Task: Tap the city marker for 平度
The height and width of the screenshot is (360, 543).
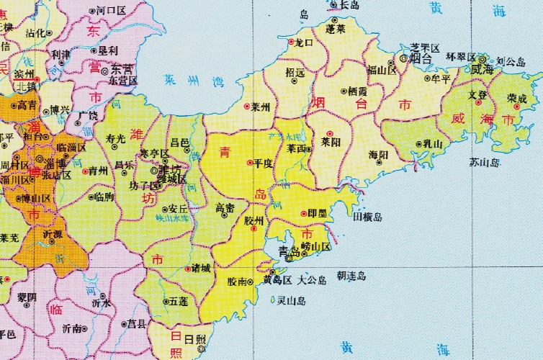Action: click(x=249, y=163)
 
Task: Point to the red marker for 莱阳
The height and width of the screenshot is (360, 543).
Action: click(x=328, y=133)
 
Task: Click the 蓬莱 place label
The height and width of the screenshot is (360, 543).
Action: click(x=336, y=30)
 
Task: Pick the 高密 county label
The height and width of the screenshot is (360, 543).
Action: click(x=225, y=208)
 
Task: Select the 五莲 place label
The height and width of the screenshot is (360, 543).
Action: click(x=180, y=302)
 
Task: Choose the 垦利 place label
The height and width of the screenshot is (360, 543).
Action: click(x=107, y=50)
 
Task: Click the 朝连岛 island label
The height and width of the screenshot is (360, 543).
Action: click(x=351, y=276)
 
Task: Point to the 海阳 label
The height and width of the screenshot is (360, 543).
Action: click(x=378, y=155)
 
